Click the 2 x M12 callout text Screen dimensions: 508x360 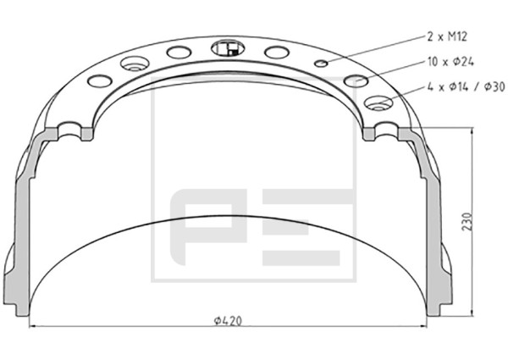click(x=447, y=36)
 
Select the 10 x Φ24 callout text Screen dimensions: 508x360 click(x=450, y=62)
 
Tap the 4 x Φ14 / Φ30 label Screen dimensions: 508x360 click(x=467, y=86)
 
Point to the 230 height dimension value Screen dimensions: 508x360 click(x=467, y=222)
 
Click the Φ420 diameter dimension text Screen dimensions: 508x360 click(x=228, y=321)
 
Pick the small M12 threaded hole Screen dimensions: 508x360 click(x=322, y=64)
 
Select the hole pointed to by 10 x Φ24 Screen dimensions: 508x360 click(x=356, y=81)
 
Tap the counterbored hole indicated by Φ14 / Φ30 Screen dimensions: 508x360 click(x=378, y=102)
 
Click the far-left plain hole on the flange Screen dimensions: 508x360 click(x=100, y=81)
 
